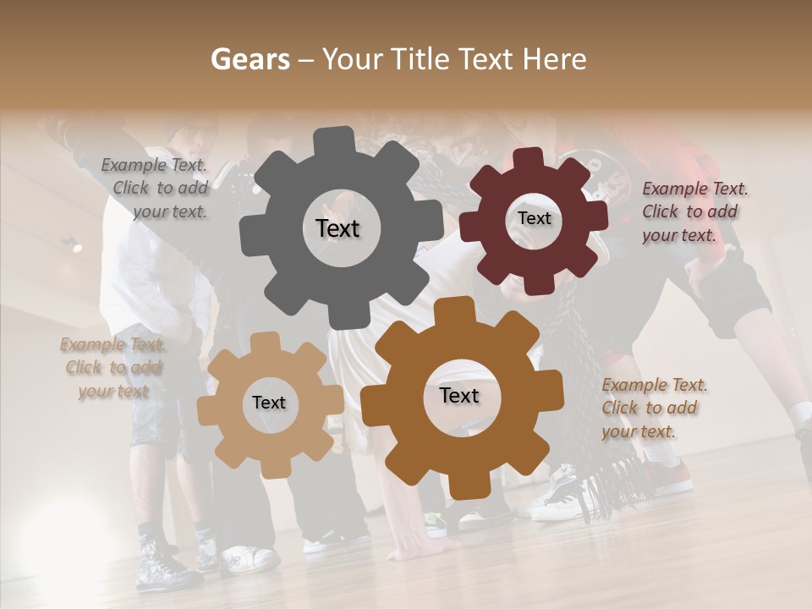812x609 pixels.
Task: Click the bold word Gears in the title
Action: (249, 59)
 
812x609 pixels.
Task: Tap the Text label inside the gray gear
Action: (337, 228)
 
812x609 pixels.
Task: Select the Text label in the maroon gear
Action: (534, 218)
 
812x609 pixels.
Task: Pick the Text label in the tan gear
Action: (268, 403)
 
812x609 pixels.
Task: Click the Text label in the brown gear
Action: (459, 395)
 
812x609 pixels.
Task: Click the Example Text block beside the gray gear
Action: (155, 189)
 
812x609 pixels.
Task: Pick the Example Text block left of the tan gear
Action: (113, 368)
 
